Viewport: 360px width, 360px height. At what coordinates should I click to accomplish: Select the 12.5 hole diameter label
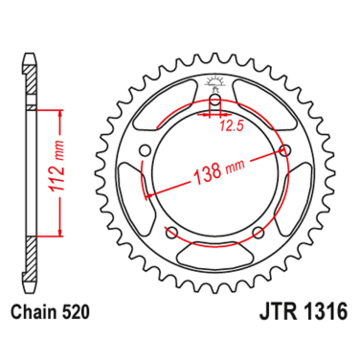coord(229,124)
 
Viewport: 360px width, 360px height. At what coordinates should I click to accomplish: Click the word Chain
coord(33,312)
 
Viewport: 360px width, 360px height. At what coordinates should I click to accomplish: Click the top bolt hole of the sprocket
coord(216,103)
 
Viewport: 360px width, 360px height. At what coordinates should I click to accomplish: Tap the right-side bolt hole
coord(285,149)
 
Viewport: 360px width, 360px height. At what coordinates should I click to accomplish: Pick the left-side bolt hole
coord(146,150)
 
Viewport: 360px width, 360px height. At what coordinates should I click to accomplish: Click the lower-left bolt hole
coord(172,232)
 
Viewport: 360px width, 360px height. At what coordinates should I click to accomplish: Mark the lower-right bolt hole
coord(259,232)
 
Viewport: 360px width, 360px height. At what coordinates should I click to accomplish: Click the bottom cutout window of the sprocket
coord(215,247)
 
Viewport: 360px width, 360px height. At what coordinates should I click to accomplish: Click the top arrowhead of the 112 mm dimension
coord(62,113)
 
